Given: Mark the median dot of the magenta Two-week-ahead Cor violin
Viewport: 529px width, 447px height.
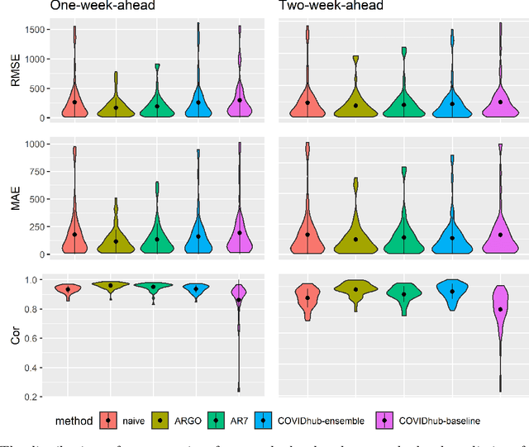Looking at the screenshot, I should [498, 309].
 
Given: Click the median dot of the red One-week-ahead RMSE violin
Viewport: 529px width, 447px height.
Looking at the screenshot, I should [74, 102].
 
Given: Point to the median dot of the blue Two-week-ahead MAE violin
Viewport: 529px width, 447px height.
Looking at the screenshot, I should [451, 238].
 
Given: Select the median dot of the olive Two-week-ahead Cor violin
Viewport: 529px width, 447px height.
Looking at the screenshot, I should [355, 289].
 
